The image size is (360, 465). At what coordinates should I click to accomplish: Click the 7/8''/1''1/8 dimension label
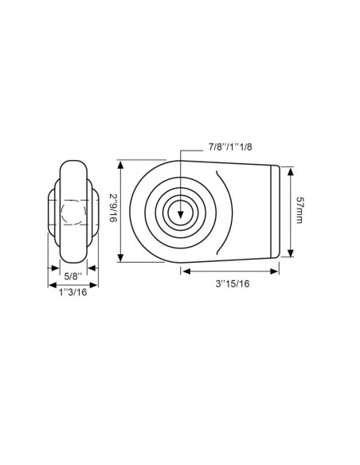coord(213,148)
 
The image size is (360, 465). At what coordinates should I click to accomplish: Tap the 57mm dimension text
coord(299,210)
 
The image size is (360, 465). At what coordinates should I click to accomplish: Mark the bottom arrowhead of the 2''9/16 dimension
coord(121,258)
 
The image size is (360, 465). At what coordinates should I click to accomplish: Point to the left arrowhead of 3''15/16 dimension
coord(184,271)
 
